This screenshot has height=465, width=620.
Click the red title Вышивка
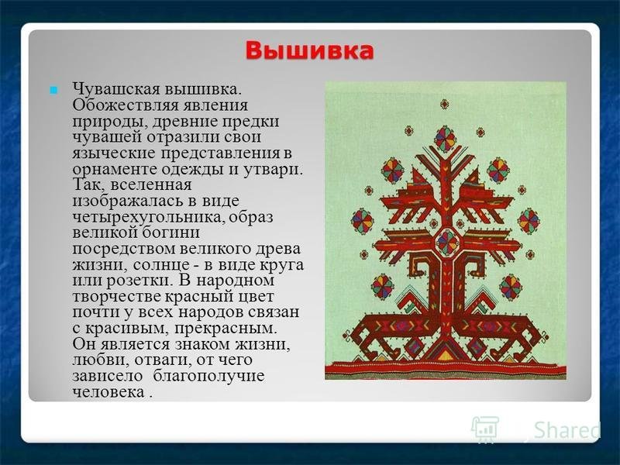point(309,51)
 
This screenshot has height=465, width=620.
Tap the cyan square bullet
point(53,91)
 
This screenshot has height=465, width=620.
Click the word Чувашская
point(115,89)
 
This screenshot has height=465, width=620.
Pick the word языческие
point(113,153)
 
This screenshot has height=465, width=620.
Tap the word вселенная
point(151,185)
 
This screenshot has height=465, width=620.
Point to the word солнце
point(160,264)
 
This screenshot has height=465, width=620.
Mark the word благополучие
point(208,376)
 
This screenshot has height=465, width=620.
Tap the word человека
point(108,392)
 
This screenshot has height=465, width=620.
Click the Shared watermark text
point(567,431)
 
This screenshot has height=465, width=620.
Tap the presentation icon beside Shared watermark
point(484,429)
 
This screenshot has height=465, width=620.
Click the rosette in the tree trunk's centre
point(447,243)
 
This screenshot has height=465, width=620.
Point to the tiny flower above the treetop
point(445,105)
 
